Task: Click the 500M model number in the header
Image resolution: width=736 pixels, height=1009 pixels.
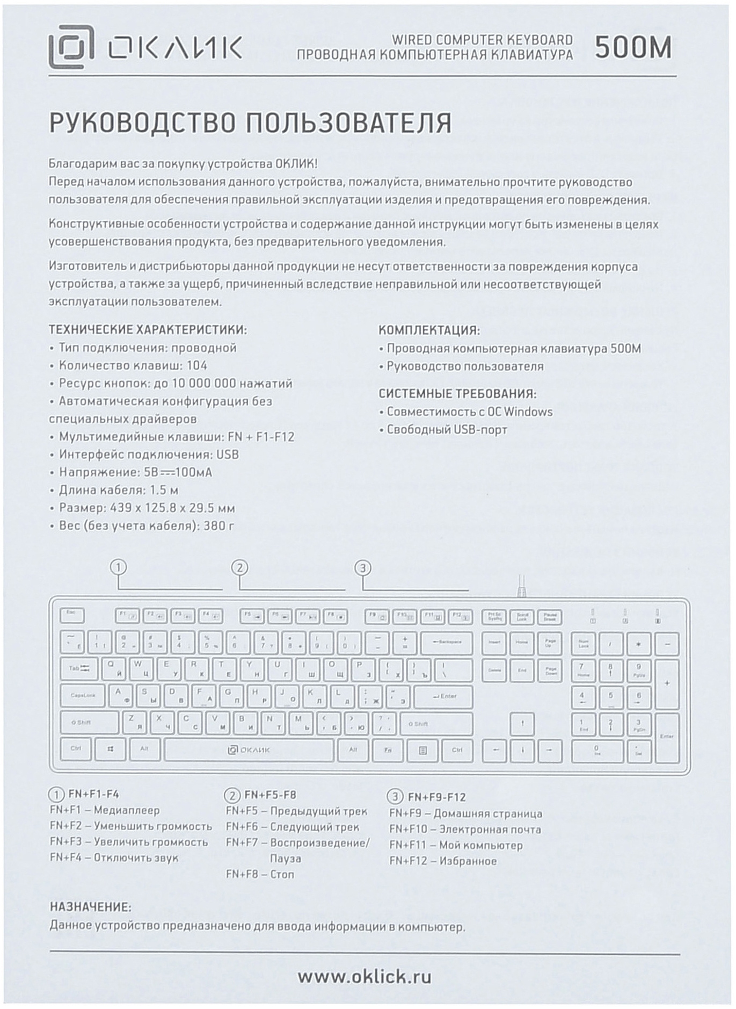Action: [x=633, y=48]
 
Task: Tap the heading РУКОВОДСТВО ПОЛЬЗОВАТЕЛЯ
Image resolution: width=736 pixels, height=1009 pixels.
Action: [x=250, y=123]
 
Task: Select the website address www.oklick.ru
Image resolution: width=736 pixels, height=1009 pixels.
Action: [x=365, y=976]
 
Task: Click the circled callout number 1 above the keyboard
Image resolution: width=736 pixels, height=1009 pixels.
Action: [x=119, y=567]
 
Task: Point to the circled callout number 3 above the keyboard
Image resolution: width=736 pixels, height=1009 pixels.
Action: [x=363, y=568]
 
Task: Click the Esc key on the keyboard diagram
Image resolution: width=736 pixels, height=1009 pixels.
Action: [x=71, y=614]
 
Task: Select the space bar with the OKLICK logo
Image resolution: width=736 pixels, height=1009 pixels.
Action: [x=249, y=750]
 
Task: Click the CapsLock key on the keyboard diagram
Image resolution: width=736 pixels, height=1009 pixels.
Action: [x=83, y=696]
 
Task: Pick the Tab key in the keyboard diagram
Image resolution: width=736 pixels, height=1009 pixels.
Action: [x=79, y=669]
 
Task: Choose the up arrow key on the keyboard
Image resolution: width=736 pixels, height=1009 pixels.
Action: [x=522, y=724]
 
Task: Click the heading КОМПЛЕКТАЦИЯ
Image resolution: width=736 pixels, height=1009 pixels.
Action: [x=429, y=330]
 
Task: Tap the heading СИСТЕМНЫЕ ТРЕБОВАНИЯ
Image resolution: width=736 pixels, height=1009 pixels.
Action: [x=457, y=394]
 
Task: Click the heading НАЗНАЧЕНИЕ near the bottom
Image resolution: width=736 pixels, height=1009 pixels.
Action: [x=90, y=907]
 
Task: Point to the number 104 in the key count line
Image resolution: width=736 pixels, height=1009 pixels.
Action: [x=196, y=365]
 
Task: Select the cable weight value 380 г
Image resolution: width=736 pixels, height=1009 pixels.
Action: [x=218, y=525]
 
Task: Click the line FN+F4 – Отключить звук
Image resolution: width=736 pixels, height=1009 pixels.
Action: [x=114, y=857]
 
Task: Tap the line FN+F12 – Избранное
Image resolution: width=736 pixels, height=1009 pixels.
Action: [x=443, y=861]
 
